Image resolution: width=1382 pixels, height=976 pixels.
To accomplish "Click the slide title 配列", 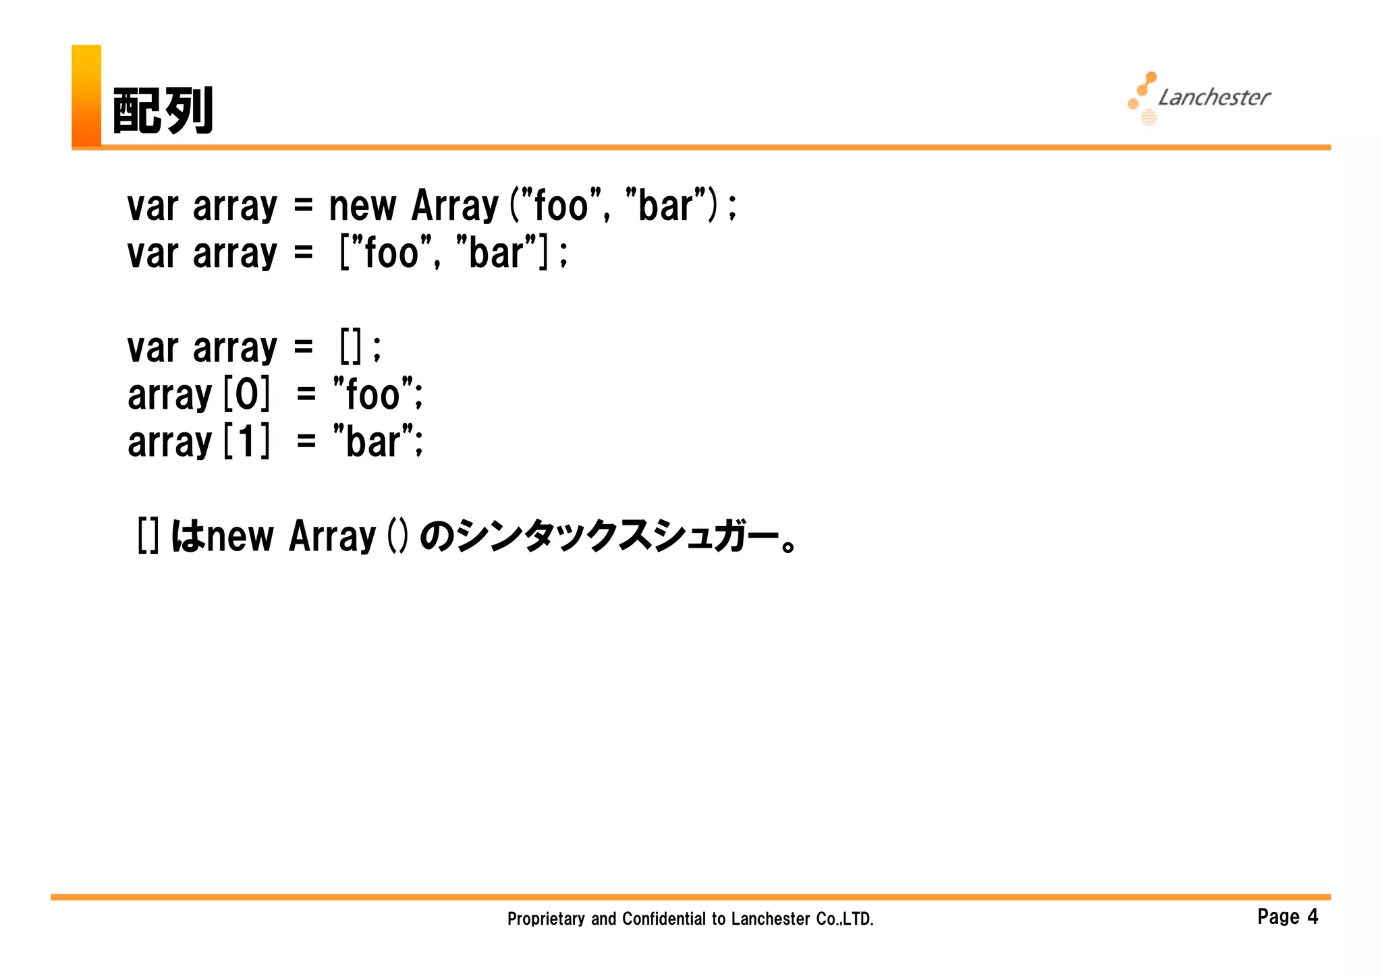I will (163, 111).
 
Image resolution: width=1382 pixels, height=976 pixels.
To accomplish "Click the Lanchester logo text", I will (1214, 98).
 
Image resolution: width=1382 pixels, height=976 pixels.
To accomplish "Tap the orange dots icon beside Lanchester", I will (1143, 98).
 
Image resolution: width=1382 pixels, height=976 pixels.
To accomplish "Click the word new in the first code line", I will (362, 206).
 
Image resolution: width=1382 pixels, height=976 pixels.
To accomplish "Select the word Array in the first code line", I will (454, 206).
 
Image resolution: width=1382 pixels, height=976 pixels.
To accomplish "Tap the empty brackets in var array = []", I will (351, 347).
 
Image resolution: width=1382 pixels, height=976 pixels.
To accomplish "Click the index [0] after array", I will (246, 395).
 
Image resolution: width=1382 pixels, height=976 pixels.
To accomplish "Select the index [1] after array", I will (246, 442).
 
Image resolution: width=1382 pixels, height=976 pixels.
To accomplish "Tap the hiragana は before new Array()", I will (187, 537).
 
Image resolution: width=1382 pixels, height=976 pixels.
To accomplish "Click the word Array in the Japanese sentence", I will (331, 537).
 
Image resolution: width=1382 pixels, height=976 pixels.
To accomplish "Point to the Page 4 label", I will (1287, 917).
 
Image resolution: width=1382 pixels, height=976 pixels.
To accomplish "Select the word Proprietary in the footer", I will (545, 919).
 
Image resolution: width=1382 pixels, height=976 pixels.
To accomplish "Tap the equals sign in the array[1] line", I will (306, 442).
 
